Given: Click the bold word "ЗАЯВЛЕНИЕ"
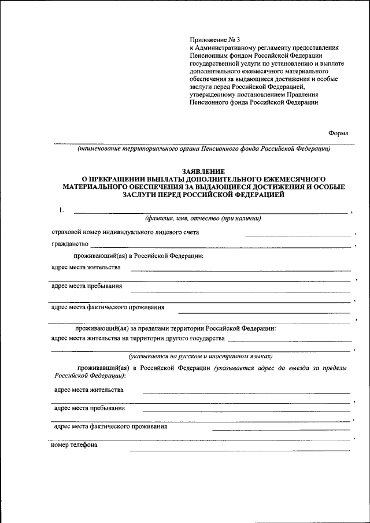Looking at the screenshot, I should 203,172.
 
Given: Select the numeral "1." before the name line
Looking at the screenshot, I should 62,210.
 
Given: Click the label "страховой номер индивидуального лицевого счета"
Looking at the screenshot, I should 125,232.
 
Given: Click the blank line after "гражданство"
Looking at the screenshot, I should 220,247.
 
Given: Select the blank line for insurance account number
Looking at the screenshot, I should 298,235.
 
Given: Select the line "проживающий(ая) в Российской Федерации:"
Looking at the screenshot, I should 138,256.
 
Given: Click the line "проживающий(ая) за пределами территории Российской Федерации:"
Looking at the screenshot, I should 175,328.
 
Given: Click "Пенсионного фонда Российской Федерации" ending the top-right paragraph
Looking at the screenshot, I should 254,102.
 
